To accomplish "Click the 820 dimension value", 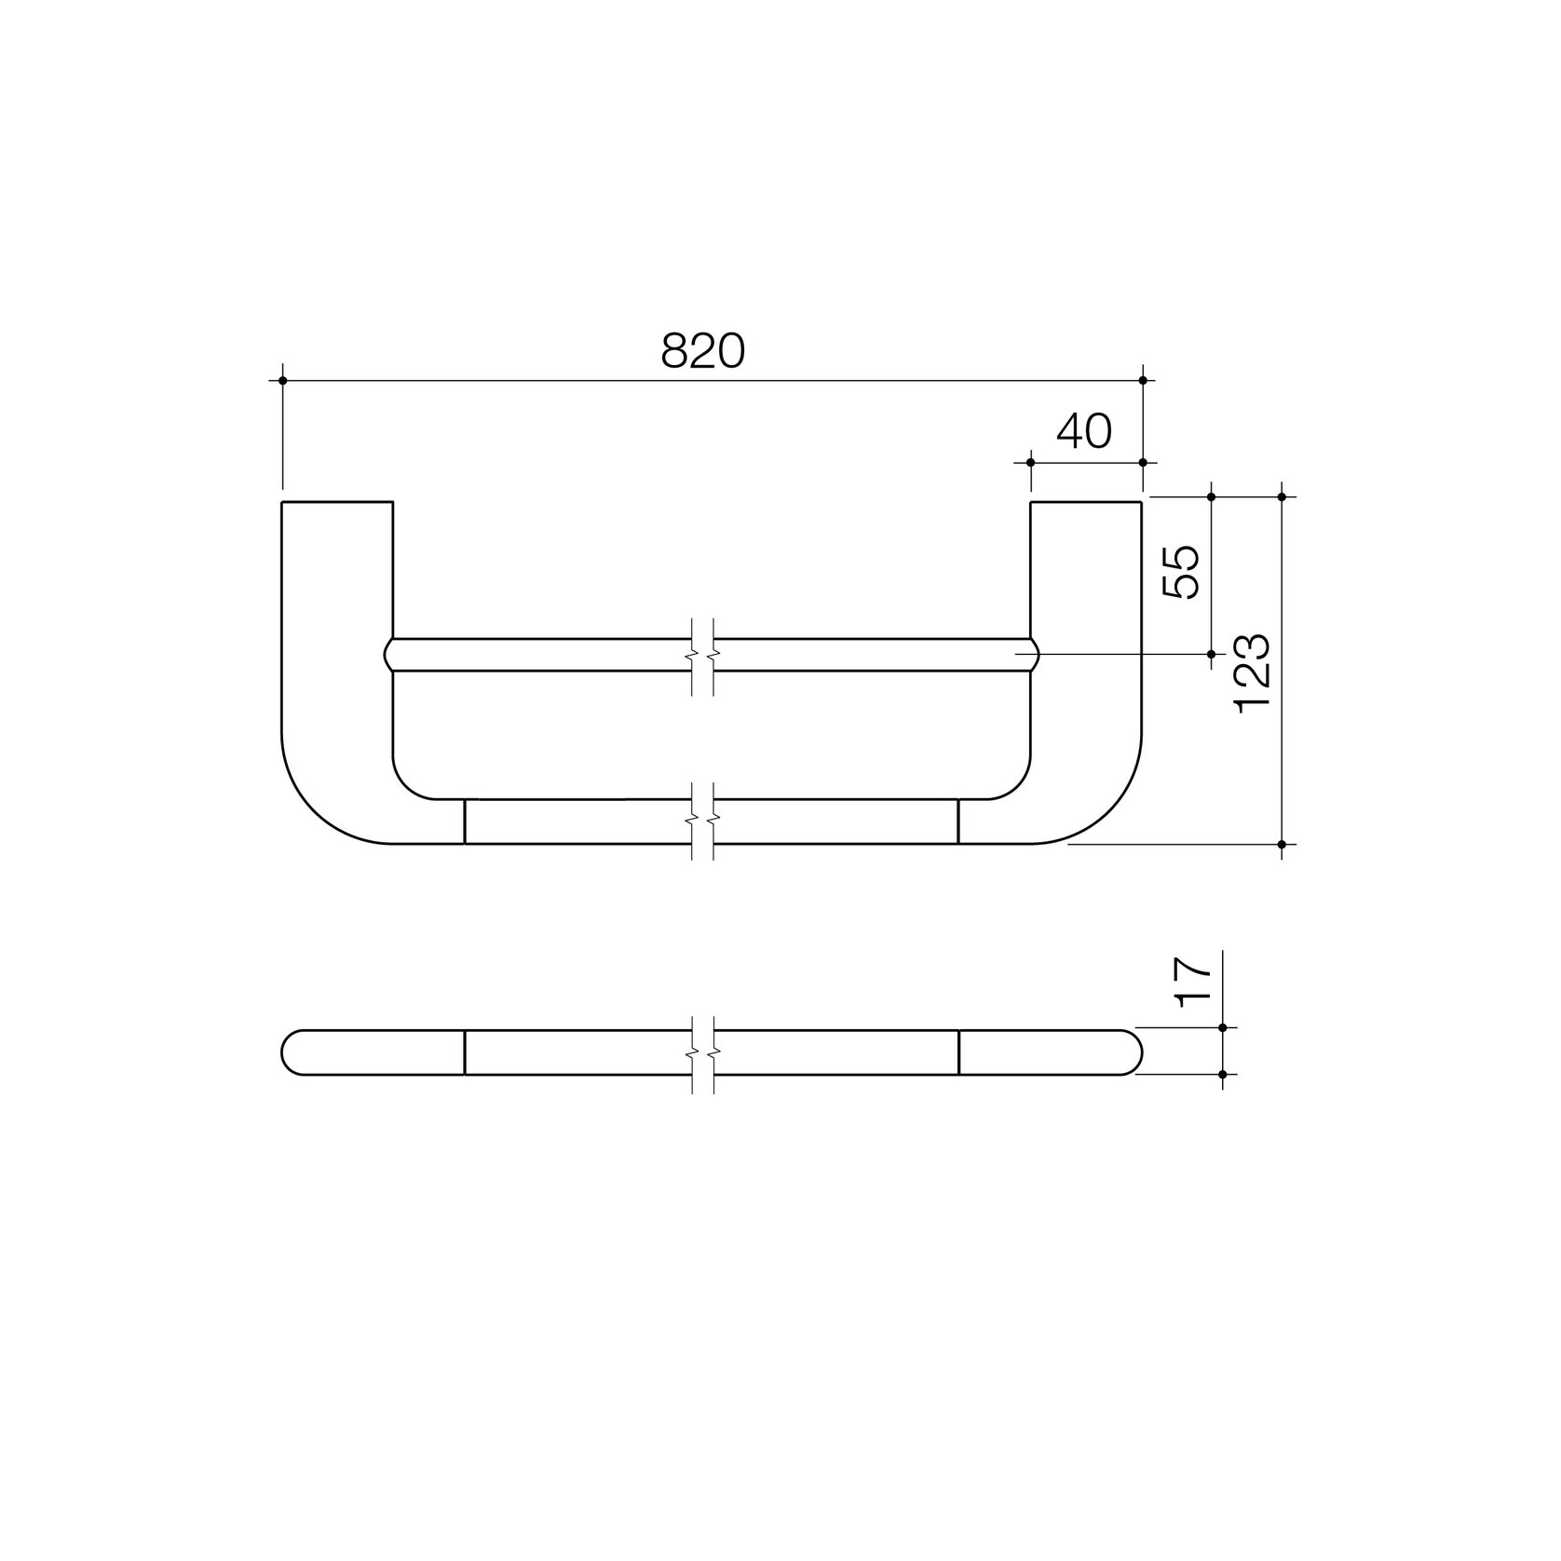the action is (703, 351).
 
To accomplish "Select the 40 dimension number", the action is (1084, 431).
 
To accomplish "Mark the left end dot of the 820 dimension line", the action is (282, 380).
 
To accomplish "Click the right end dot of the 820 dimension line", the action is (1143, 380).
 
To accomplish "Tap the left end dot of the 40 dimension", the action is (1030, 462).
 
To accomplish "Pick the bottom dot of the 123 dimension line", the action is (1282, 845).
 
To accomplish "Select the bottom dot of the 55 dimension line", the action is (1211, 654).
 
